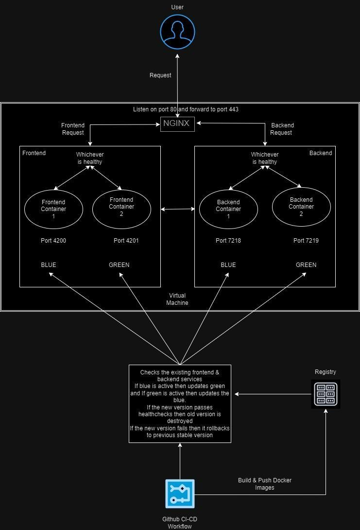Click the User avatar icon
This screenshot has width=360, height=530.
tap(177, 32)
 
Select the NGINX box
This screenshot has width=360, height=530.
tap(177, 124)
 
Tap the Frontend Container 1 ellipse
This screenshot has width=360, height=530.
tap(53, 209)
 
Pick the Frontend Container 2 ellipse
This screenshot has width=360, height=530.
tap(121, 209)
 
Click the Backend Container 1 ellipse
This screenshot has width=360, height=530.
tap(228, 209)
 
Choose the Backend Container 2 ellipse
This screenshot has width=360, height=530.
tap(301, 207)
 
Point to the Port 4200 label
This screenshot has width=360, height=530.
tap(53, 241)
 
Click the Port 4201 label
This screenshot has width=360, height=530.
tap(126, 241)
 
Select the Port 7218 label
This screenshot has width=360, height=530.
tap(228, 241)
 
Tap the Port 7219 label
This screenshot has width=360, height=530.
tap(306, 241)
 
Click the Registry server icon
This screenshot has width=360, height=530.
tap(326, 394)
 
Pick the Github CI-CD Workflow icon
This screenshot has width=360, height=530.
tap(180, 494)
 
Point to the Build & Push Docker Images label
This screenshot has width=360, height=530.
tap(265, 484)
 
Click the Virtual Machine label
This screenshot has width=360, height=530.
tap(177, 299)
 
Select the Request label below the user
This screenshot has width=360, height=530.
tap(160, 75)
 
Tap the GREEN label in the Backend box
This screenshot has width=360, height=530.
tap(306, 265)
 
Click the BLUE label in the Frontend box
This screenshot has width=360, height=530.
tap(49, 265)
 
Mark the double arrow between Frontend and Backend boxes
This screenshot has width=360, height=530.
tap(177, 209)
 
